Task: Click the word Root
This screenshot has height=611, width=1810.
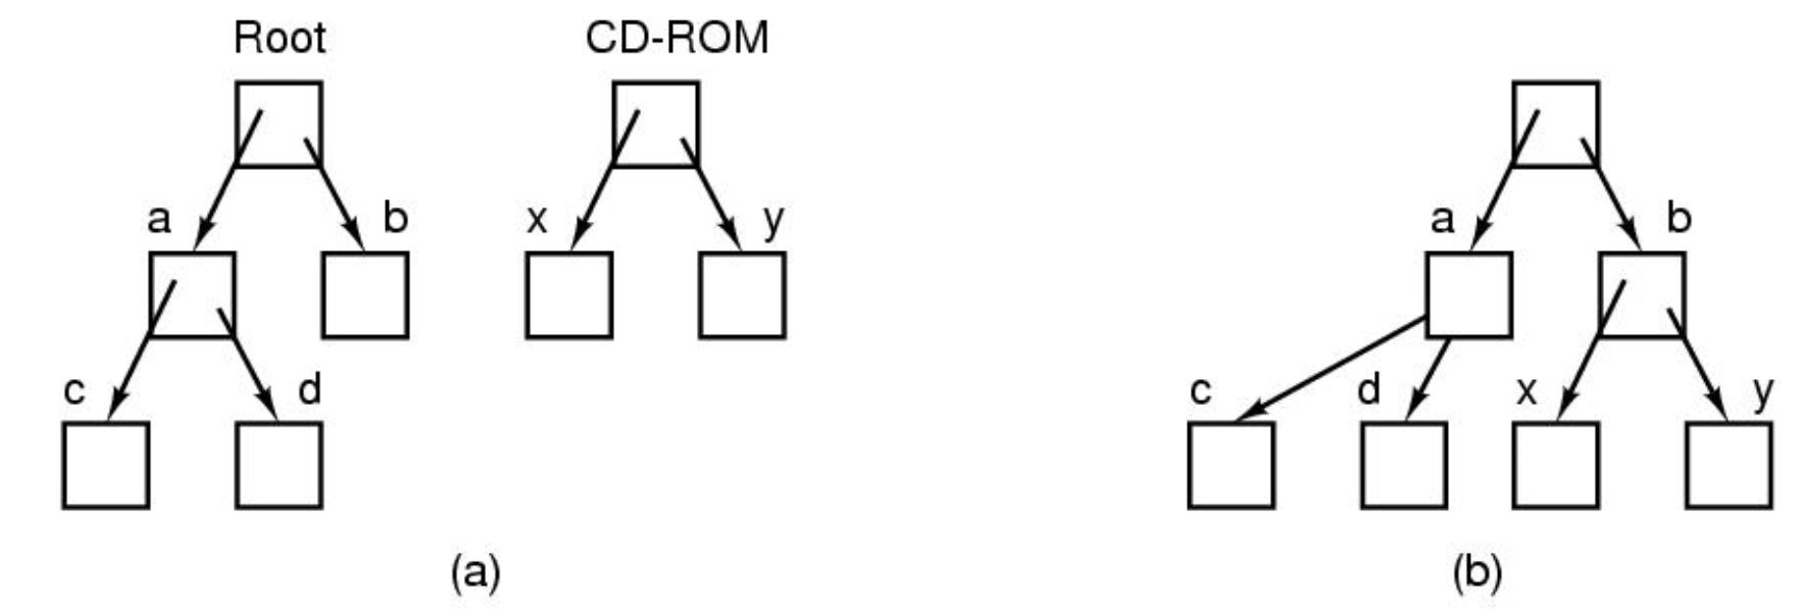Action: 279,38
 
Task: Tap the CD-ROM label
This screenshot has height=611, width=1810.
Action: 676,38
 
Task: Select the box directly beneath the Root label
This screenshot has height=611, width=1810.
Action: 279,124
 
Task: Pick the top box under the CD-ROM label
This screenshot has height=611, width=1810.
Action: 656,124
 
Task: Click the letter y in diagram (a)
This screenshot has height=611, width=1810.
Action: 773,221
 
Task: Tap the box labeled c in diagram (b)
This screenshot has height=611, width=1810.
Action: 1231,465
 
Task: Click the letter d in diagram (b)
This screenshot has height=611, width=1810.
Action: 1369,390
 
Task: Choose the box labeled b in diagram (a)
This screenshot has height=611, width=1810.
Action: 365,295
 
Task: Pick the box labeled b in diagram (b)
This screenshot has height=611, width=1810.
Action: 1641,295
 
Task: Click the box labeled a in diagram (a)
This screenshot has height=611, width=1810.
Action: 192,295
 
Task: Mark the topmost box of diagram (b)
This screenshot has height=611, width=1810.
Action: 1555,124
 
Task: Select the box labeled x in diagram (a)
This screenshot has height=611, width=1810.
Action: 569,295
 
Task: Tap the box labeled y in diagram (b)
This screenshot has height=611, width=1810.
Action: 1730,465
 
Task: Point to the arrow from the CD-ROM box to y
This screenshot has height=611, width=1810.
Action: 717,201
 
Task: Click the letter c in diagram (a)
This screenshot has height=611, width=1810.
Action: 75,391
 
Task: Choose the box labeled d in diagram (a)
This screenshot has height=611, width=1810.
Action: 279,465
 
